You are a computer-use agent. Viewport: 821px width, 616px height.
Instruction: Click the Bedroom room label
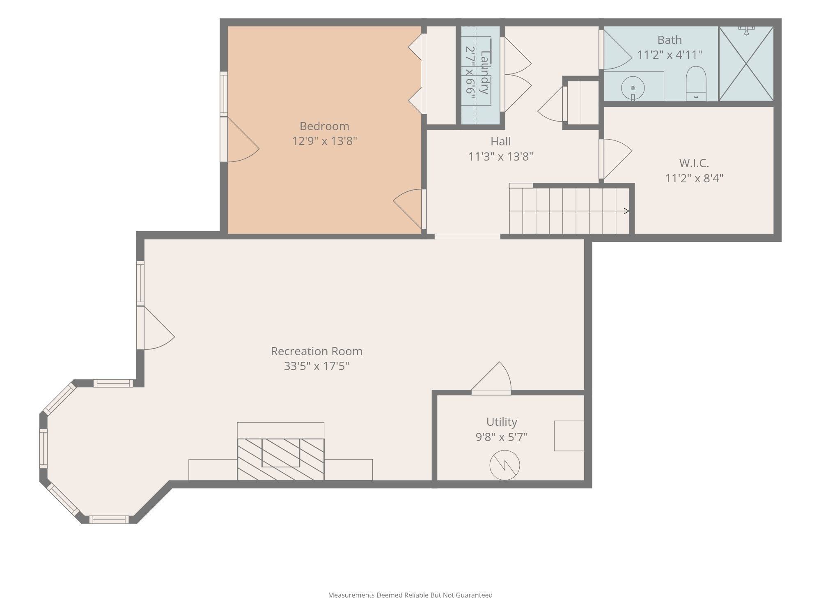324,126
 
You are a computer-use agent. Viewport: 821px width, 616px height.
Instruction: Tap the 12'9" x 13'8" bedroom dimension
324,141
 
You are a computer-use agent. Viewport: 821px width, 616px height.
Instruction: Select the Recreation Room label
316,351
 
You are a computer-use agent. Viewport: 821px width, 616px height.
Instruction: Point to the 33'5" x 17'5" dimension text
316,366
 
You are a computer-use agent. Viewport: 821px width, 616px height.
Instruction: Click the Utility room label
502,422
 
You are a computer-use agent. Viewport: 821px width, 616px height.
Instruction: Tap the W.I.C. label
694,163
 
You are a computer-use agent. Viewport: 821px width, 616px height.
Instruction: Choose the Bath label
670,40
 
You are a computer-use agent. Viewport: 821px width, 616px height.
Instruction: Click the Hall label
501,141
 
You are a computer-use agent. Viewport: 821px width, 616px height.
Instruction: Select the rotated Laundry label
485,72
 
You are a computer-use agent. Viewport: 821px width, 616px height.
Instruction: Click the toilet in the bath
696,84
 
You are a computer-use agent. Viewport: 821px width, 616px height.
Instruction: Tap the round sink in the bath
633,88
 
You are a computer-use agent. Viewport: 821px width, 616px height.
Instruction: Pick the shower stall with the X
746,64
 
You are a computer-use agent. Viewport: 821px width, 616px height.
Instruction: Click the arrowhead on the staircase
626,211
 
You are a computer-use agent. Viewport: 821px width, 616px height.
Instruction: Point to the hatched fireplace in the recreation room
281,459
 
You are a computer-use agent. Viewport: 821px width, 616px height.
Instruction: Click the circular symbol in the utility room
505,465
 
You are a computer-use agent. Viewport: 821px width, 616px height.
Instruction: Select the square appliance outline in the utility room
569,436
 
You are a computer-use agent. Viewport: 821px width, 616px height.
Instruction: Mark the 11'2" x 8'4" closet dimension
694,178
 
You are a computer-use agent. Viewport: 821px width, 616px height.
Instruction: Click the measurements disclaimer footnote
410,595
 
